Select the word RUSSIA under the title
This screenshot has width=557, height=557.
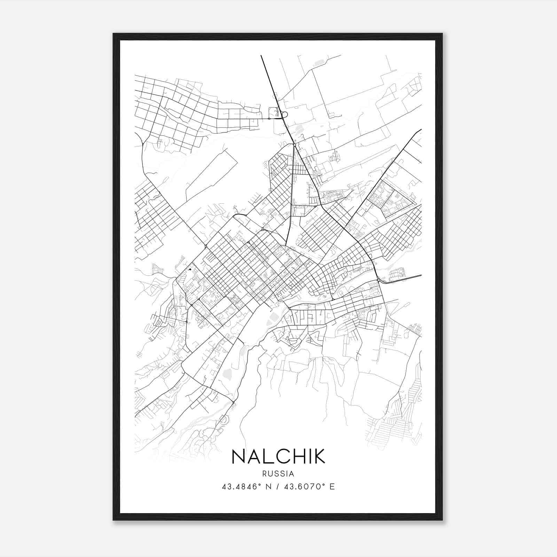tap(278, 474)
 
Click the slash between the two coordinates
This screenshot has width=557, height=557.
tap(276, 487)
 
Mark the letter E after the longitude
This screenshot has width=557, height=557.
tap(332, 487)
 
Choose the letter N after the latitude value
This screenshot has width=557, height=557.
tap(267, 487)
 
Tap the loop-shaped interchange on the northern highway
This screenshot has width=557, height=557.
tap(284, 114)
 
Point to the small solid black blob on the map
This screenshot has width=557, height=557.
tap(190, 269)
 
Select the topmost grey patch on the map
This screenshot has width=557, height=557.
tap(319, 63)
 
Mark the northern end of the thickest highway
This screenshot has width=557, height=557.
tap(261, 56)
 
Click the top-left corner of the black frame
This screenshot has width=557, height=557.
tap(113, 34)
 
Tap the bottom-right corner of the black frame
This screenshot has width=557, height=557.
tap(442, 520)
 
